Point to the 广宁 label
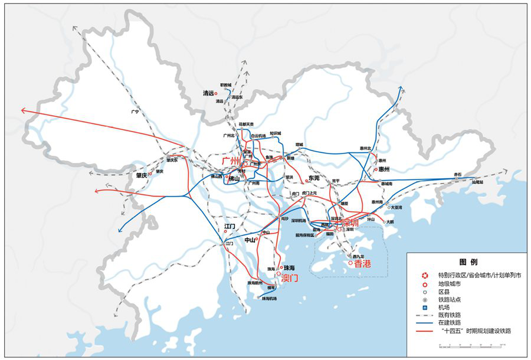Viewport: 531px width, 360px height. [135, 112]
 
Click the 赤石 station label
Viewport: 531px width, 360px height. [457, 175]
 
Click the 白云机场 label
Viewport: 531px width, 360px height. [258, 135]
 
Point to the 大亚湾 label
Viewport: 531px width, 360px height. [395, 207]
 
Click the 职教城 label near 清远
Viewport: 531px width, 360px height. [227, 86]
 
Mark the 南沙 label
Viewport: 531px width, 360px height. [285, 218]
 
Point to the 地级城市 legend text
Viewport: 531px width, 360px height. [450, 283]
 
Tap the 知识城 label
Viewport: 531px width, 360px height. [276, 133]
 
